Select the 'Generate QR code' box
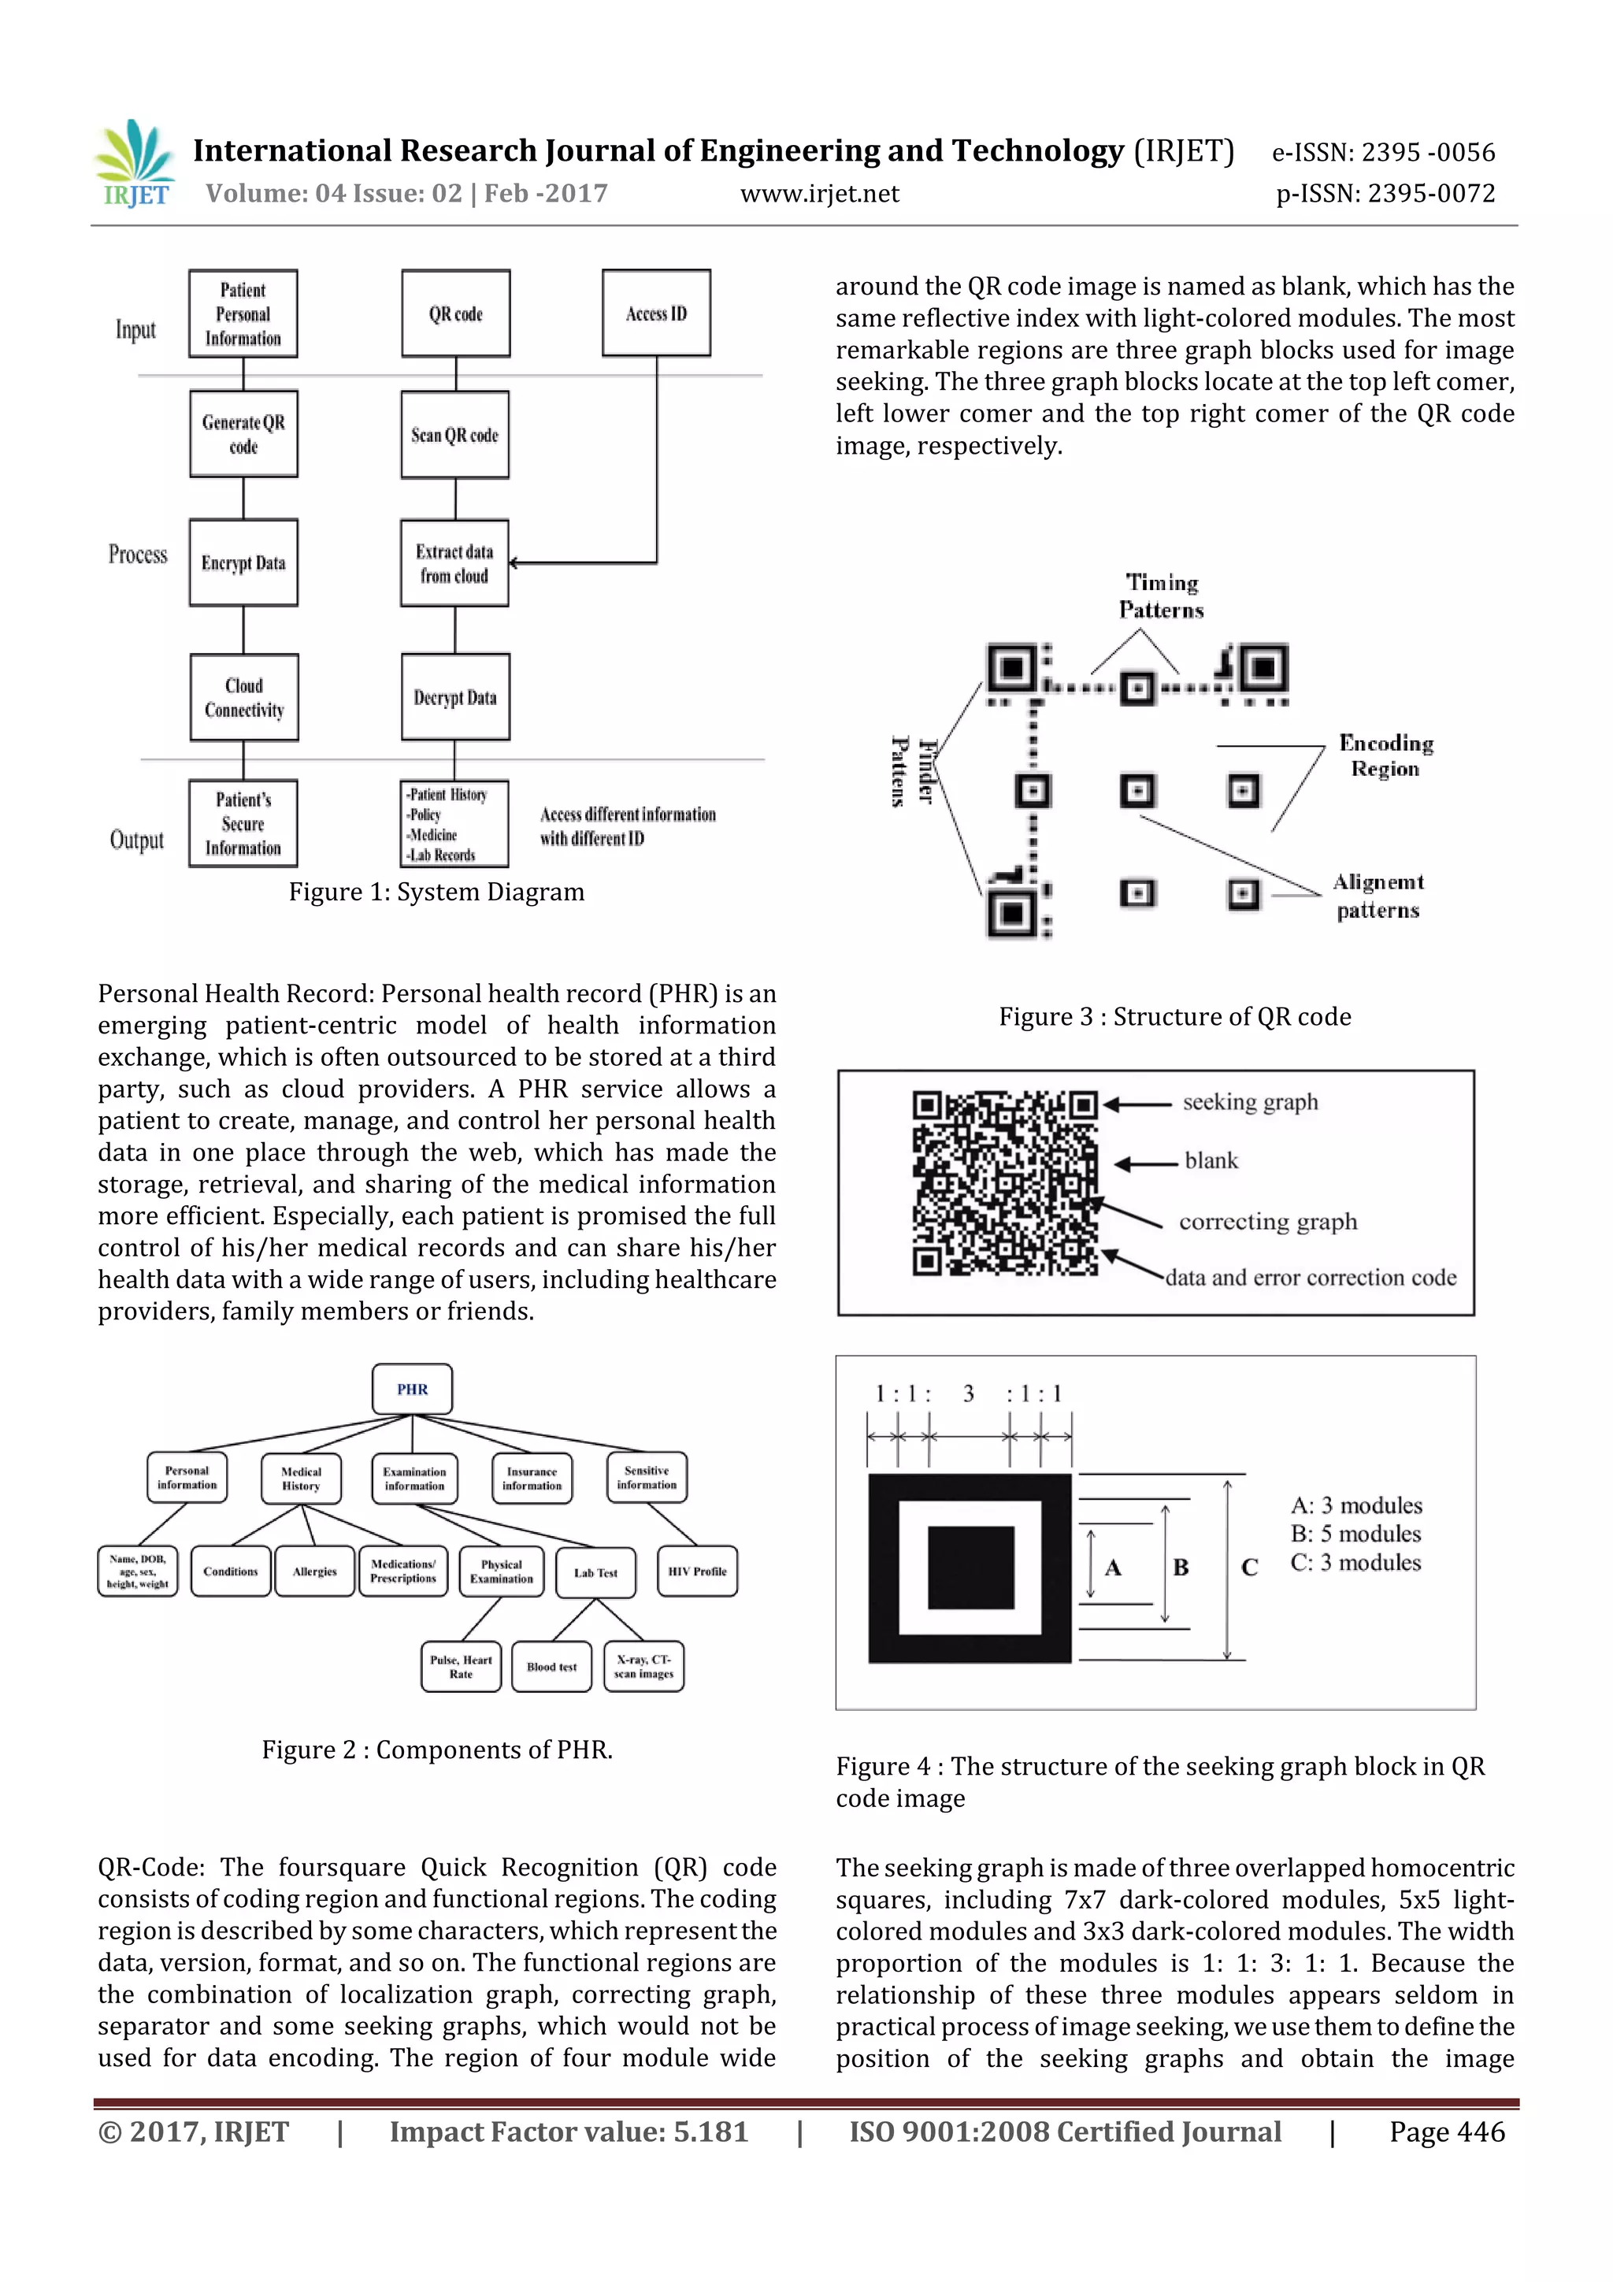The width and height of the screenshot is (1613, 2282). (243, 434)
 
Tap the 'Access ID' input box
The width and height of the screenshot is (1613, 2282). (656, 313)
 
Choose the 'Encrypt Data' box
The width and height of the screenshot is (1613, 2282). (243, 562)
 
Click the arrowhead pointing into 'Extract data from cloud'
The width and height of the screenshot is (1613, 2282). (514, 562)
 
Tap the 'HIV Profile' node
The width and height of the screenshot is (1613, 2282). (697, 1571)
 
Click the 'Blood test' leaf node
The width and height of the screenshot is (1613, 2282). (551, 1667)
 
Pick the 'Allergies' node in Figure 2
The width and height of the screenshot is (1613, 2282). (314, 1571)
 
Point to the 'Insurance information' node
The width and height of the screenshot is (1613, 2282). (532, 1479)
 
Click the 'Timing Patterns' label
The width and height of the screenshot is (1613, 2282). (1161, 596)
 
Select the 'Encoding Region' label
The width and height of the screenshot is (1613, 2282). (1385, 755)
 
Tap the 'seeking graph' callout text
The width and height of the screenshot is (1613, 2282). (1250, 1102)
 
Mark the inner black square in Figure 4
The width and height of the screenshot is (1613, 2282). (971, 1568)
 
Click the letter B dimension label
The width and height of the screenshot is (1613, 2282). (1181, 1568)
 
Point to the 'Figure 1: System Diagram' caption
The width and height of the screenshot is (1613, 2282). (436, 892)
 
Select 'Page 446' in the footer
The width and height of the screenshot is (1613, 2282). (1447, 2132)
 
